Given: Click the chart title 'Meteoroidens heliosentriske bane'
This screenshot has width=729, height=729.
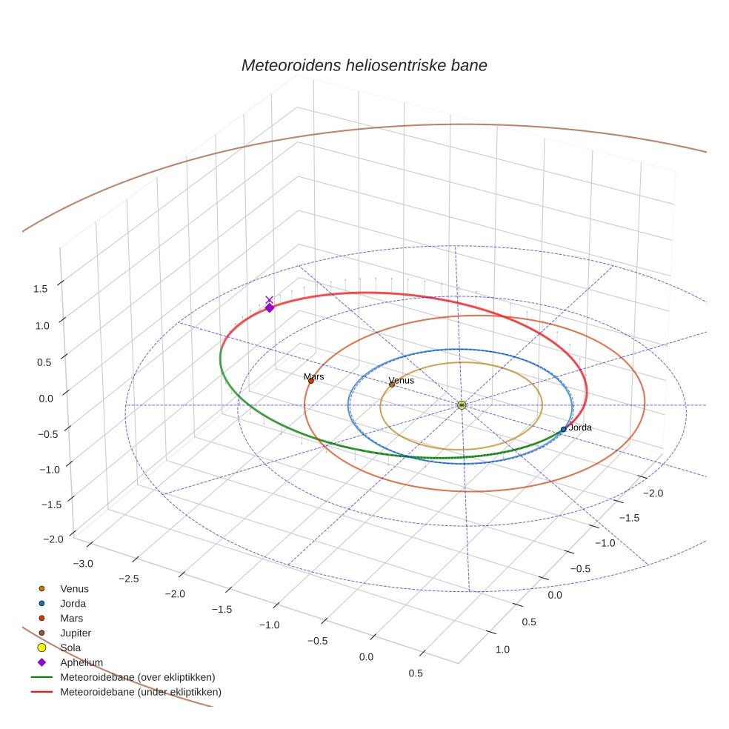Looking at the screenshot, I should point(364,65).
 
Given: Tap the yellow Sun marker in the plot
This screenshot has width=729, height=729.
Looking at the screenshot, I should point(462,405).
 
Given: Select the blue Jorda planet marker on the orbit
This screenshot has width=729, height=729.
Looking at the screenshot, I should point(563,429).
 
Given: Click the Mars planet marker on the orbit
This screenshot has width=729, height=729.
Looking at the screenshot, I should point(311,381).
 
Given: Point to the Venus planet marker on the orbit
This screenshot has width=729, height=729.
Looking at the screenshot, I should point(392,384).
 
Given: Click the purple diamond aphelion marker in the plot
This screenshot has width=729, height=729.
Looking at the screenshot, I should point(269,308).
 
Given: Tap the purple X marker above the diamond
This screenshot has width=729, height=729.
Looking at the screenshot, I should point(269,299).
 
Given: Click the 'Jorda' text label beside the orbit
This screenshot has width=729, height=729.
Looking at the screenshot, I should point(580,427).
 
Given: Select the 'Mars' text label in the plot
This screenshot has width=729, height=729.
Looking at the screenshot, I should point(313,376).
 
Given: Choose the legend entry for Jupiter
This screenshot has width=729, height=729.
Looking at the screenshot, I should point(76,633).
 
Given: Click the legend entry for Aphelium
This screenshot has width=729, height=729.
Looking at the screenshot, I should point(81,662).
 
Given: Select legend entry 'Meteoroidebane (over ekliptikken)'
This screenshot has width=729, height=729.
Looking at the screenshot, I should point(138,677).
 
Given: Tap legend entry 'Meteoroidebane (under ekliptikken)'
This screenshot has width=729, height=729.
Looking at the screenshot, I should point(141,692).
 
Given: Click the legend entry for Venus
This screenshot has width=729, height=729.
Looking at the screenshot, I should point(74,589).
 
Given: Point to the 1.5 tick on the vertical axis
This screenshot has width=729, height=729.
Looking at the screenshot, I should point(41,288).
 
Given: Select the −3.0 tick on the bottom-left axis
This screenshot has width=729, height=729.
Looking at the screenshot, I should point(84,564).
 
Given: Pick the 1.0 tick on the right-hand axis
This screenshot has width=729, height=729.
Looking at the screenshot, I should point(502,650).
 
